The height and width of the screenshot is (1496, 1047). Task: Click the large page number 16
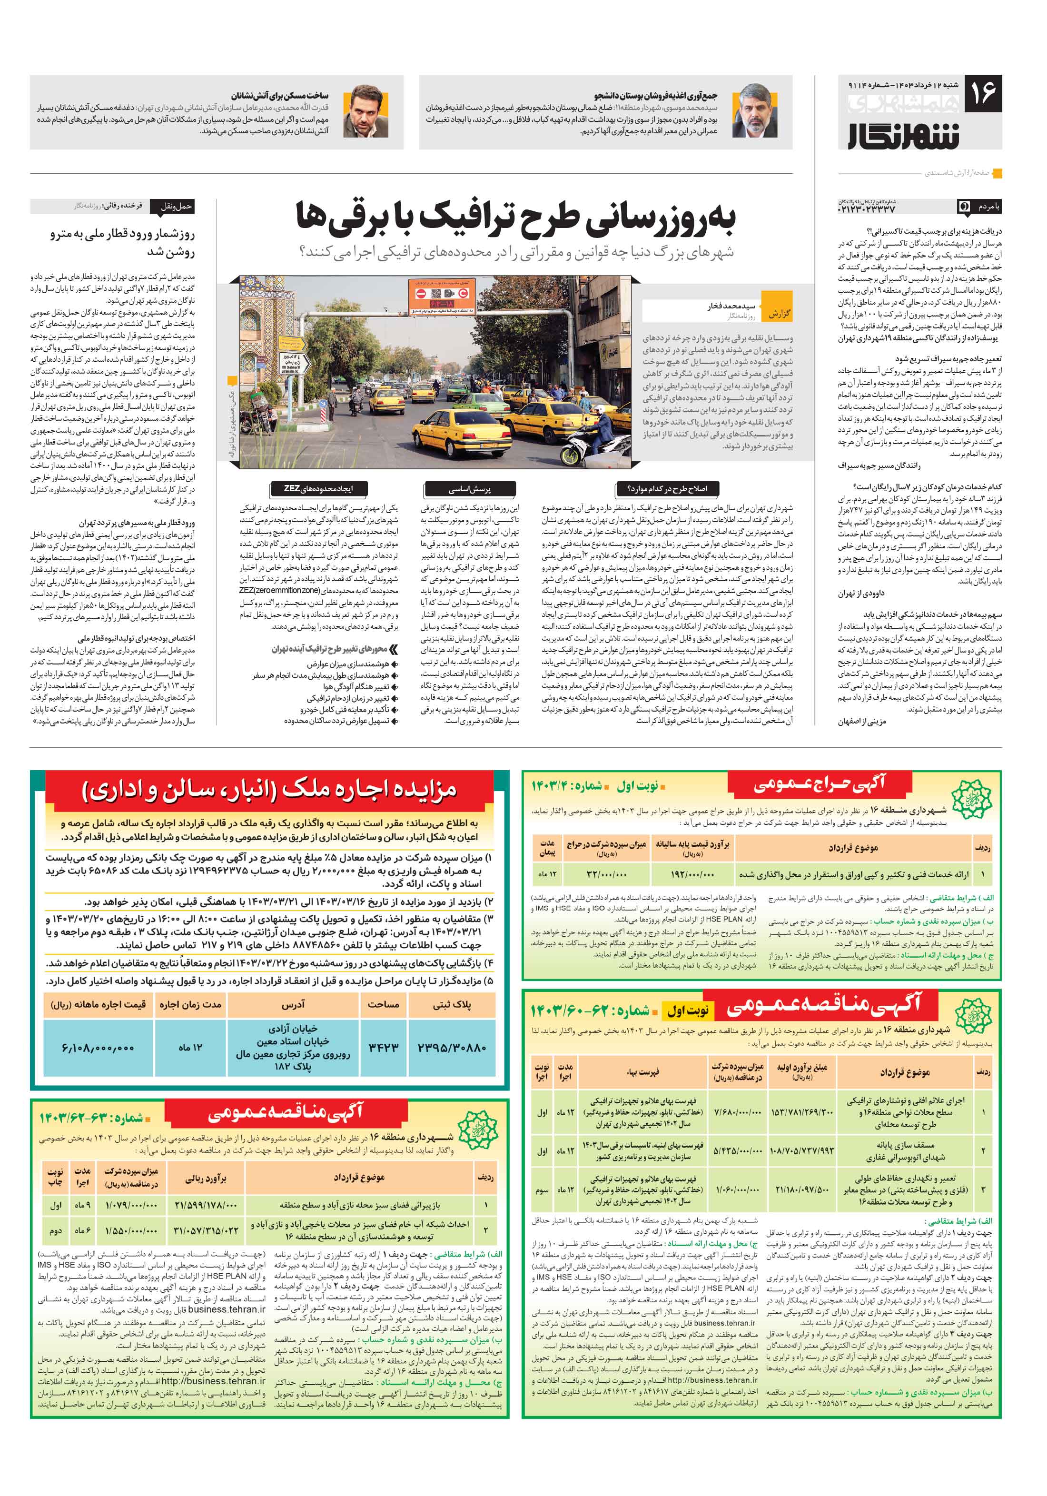(x=982, y=92)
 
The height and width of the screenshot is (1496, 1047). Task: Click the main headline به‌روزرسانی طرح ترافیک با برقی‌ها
(x=515, y=217)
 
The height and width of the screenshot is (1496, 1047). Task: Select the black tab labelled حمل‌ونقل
(x=173, y=207)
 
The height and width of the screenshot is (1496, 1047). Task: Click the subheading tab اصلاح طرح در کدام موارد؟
(x=671, y=488)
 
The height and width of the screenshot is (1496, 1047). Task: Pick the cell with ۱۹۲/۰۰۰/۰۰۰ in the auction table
(x=692, y=874)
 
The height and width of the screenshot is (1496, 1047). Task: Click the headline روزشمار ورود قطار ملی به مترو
(x=122, y=242)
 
